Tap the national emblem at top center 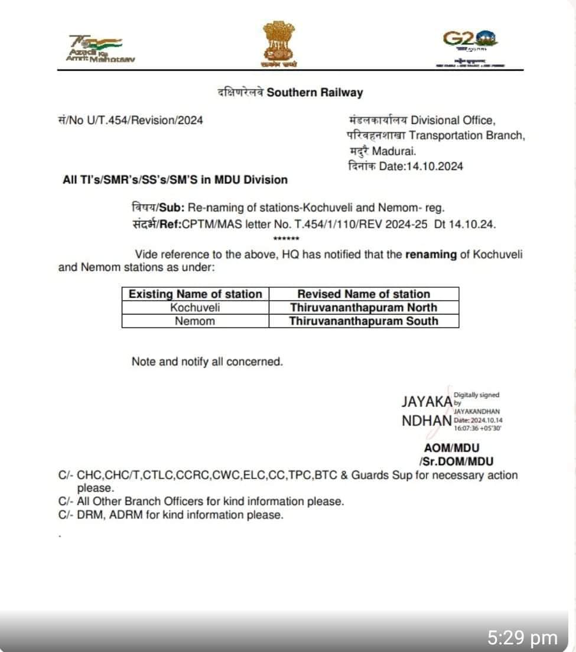pyautogui.click(x=281, y=45)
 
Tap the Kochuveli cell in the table pyautogui.click(x=195, y=307)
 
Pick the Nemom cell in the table pyautogui.click(x=195, y=321)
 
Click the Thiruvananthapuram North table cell pyautogui.click(x=363, y=307)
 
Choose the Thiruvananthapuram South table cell pyautogui.click(x=363, y=321)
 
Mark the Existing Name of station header pyautogui.click(x=195, y=294)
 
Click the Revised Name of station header pyautogui.click(x=363, y=294)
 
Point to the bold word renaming pyautogui.click(x=431, y=255)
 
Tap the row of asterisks pyautogui.click(x=287, y=238)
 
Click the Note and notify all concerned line pyautogui.click(x=207, y=362)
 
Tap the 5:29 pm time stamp pyautogui.click(x=522, y=638)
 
